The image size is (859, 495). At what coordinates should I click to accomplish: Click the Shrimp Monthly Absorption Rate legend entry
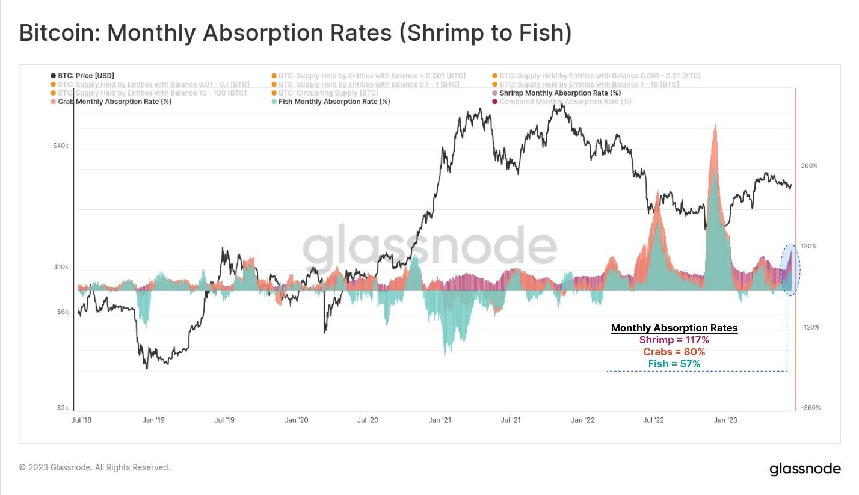point(560,93)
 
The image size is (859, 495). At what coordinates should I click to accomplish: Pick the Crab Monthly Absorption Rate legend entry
point(115,102)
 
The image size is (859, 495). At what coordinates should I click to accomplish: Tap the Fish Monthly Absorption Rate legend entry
point(334,102)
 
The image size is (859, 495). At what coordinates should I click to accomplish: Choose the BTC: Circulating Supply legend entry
point(328,93)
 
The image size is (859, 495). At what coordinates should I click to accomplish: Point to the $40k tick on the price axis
point(61,146)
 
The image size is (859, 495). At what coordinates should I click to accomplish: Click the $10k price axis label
point(61,267)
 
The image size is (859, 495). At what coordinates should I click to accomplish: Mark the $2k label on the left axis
point(63,408)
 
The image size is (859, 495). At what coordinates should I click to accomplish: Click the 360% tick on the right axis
point(809,166)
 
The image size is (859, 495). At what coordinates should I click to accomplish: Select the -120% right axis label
point(810,327)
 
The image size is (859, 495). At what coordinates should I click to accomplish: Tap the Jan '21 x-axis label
point(439,420)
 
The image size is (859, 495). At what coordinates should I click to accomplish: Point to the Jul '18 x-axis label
point(81,420)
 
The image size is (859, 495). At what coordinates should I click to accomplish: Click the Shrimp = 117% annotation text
point(674,340)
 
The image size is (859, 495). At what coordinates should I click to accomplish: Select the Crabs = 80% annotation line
point(674,352)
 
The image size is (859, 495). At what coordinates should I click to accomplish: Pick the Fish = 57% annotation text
point(674,364)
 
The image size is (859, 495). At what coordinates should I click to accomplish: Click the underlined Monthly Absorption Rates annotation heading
point(674,328)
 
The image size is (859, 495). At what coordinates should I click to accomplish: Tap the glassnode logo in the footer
point(805,469)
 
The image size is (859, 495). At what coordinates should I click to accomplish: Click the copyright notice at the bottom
point(94,467)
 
